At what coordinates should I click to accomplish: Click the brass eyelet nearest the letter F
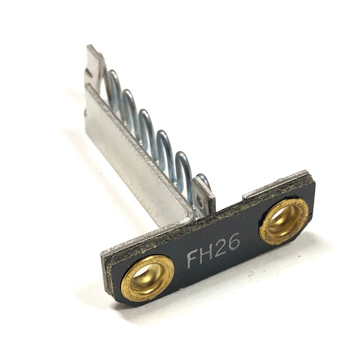[x=147, y=277]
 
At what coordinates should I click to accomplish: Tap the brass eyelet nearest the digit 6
[x=284, y=220]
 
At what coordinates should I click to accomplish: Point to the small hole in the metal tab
[x=200, y=200]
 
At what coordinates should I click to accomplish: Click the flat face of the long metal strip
[x=137, y=161]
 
